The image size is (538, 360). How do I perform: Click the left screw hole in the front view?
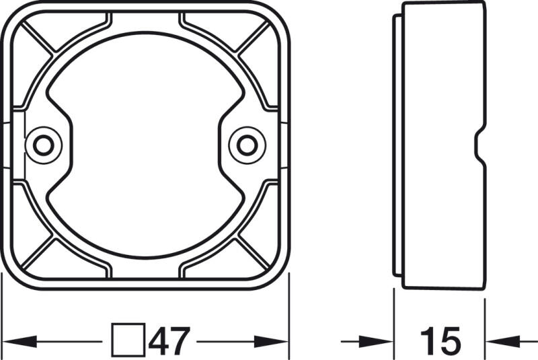click(x=44, y=144)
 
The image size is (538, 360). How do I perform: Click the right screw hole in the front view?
click(x=246, y=144)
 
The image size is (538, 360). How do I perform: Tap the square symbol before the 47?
click(x=128, y=340)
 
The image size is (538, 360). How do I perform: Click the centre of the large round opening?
click(x=145, y=144)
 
